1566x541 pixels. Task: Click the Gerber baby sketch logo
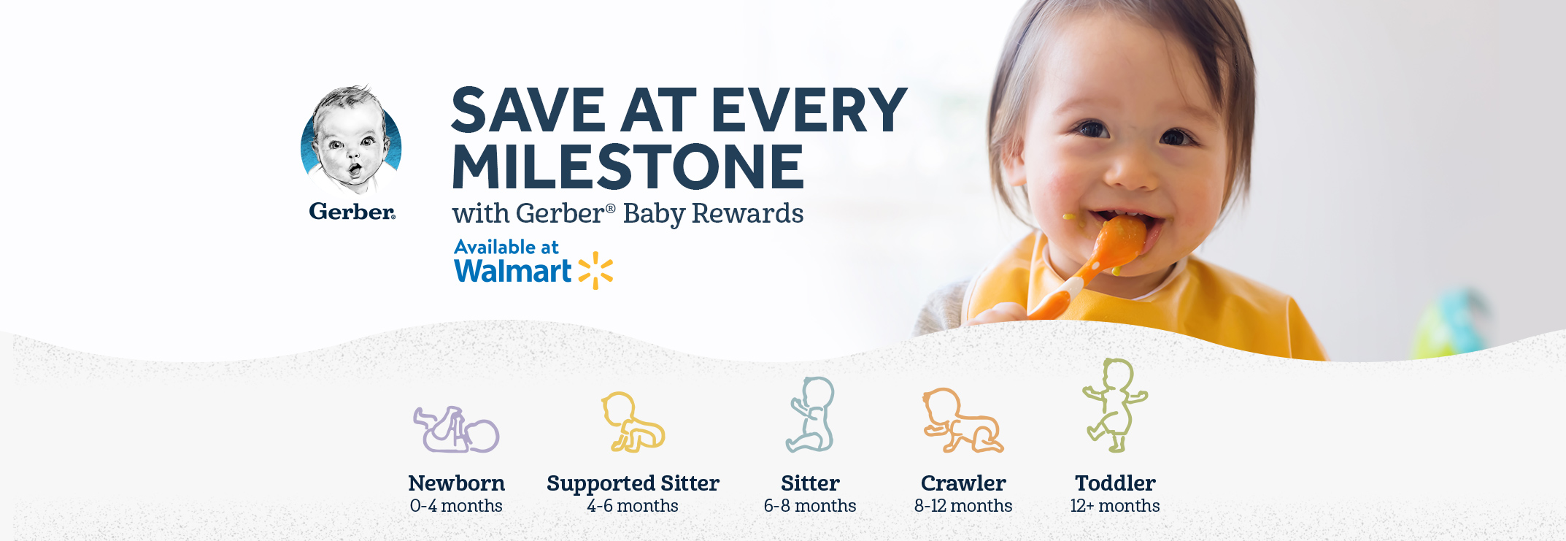tap(351, 139)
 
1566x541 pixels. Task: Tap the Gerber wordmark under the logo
tap(352, 212)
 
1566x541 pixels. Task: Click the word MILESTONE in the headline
tap(628, 167)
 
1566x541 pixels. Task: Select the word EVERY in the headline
tap(809, 110)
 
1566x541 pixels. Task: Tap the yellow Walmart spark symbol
tap(595, 270)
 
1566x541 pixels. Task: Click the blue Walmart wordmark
tap(513, 271)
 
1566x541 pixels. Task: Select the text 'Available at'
tap(506, 248)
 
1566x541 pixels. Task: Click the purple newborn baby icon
tap(456, 430)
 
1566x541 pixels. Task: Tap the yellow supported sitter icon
tap(633, 422)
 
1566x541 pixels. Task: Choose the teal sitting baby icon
tap(811, 415)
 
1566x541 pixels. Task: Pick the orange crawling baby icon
tap(963, 421)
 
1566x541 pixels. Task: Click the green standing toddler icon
tap(1114, 405)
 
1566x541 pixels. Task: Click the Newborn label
tap(456, 483)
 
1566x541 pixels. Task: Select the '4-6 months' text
tap(633, 506)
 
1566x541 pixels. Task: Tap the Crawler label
tap(963, 483)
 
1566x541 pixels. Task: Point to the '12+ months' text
tap(1115, 506)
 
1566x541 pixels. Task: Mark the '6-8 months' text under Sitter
tap(810, 506)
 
